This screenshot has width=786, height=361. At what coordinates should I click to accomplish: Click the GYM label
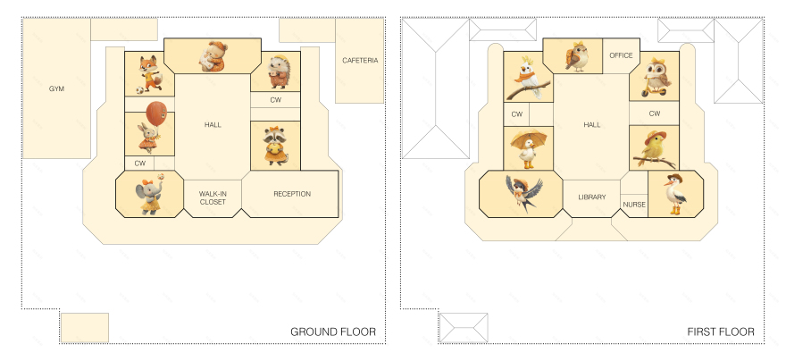point(56,89)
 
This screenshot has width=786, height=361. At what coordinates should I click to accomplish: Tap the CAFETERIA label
point(360,61)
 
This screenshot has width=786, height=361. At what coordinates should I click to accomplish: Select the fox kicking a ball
point(148,73)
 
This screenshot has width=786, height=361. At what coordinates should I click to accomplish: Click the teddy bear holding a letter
point(212,56)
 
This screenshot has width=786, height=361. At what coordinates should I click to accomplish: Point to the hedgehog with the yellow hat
point(275,71)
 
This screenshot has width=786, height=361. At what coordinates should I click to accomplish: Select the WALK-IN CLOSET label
point(213,197)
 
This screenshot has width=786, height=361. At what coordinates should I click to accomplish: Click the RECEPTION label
point(292,194)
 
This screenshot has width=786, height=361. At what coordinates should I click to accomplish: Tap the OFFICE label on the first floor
point(621,55)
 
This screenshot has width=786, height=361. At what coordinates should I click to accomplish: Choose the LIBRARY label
point(591,197)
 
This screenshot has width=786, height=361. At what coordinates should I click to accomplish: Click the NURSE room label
point(633,205)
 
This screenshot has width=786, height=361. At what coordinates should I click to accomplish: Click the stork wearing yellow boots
point(675,192)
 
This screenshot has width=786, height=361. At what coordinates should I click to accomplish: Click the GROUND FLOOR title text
point(332,332)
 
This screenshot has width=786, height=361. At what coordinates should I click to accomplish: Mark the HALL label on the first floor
point(591,125)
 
